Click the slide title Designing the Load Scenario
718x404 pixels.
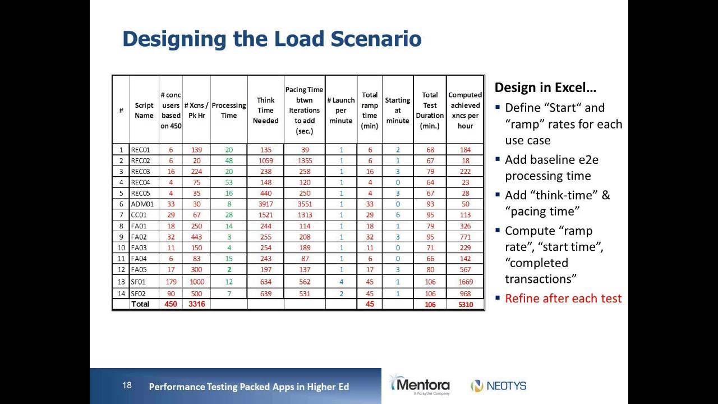[x=272, y=39]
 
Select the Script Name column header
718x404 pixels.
[x=144, y=111]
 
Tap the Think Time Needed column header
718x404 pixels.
[x=265, y=111]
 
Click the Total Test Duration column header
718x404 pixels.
[x=430, y=111]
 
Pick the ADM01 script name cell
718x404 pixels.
[x=141, y=204]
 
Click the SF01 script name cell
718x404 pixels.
[x=139, y=282]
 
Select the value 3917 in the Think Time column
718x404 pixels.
[x=265, y=204]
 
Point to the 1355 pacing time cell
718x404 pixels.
[x=305, y=160]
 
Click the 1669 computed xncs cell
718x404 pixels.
[x=465, y=282]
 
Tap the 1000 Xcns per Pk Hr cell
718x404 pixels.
[x=196, y=282]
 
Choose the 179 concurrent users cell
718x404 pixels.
[x=171, y=282]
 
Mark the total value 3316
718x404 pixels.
[x=196, y=304]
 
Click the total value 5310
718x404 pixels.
[x=465, y=305]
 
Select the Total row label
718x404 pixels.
[x=140, y=304]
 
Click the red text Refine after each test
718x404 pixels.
[x=563, y=299]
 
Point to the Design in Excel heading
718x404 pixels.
[x=545, y=88]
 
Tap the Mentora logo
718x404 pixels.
[x=420, y=385]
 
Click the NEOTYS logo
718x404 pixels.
[x=499, y=386]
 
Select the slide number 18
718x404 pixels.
[x=127, y=385]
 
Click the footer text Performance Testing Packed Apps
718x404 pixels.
[x=248, y=387]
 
